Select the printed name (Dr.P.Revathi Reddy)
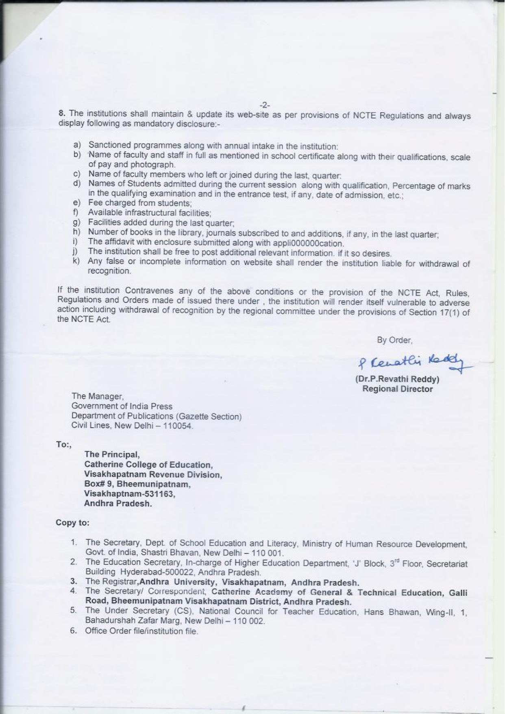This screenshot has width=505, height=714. (397, 379)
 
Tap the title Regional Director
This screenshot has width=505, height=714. (397, 389)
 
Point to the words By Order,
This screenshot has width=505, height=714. (394, 340)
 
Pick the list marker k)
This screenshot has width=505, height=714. (76, 261)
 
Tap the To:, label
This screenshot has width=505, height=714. (64, 445)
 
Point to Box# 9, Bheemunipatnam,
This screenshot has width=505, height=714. (137, 485)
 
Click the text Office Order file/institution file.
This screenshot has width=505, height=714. (141, 631)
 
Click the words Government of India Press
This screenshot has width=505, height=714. (122, 406)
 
